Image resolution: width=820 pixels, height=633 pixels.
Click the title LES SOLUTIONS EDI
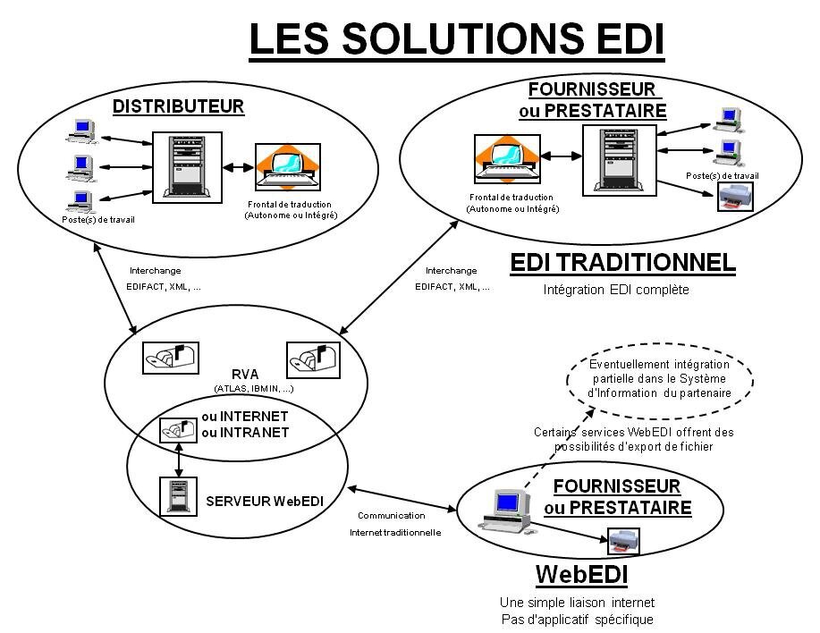coord(456,40)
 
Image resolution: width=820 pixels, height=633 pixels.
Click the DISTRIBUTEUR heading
coord(178,107)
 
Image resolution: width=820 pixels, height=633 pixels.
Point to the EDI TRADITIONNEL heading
coord(622,263)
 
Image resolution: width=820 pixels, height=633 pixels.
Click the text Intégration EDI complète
coord(616,291)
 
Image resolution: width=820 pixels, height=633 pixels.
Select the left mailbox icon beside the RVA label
coord(171,359)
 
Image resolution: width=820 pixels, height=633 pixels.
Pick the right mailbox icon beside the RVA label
coord(312,359)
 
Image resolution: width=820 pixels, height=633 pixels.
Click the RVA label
coord(242,374)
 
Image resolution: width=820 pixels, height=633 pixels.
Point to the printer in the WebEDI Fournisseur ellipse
coord(622,540)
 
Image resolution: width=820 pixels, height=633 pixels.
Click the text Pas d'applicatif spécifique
coord(576,620)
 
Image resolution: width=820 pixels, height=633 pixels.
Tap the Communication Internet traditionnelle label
coord(394,523)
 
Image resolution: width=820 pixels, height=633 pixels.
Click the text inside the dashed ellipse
coord(659,379)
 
